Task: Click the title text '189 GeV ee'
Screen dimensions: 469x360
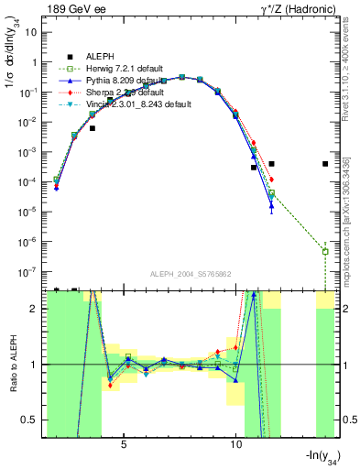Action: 74,8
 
